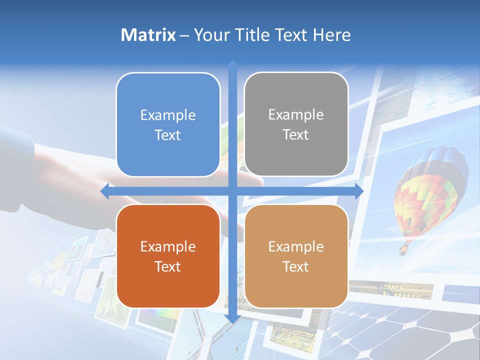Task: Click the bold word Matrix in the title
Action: (148, 35)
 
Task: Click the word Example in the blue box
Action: (168, 115)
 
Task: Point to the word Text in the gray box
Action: (296, 135)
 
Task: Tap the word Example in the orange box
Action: (168, 246)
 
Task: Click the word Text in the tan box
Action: (296, 266)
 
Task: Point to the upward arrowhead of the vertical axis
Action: (232, 64)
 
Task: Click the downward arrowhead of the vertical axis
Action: (232, 319)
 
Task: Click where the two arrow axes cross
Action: (232, 191)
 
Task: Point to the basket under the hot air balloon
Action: (403, 249)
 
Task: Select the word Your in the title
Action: (210, 35)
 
